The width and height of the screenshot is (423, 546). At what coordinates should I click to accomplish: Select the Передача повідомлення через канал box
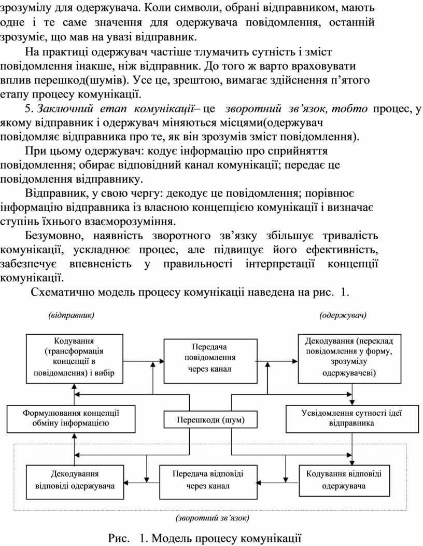[210, 358]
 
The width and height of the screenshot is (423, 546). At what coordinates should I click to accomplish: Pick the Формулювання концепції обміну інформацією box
[71, 418]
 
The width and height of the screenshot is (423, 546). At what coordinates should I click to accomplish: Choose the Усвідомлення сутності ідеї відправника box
[352, 418]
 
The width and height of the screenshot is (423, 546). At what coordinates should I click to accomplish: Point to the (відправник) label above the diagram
[71, 315]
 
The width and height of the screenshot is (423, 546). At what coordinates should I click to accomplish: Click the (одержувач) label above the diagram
[344, 315]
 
